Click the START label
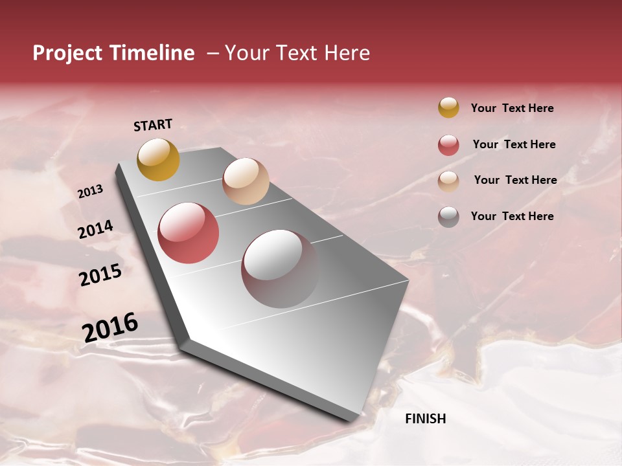coord(153,125)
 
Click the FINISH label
coord(425,419)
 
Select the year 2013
coord(90,192)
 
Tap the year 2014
coord(95,230)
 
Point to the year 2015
coord(100,275)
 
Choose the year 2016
coord(110,327)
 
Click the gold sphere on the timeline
coord(158,159)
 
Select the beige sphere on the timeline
coord(246,181)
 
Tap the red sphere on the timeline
coord(189,233)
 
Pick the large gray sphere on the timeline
coord(280,269)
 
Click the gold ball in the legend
coord(448,108)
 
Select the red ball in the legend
coord(448,145)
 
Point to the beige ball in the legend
coord(448,181)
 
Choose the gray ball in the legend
coord(448,217)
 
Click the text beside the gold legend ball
coord(512,109)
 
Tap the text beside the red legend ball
coord(514,144)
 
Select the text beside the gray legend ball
coord(512,216)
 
